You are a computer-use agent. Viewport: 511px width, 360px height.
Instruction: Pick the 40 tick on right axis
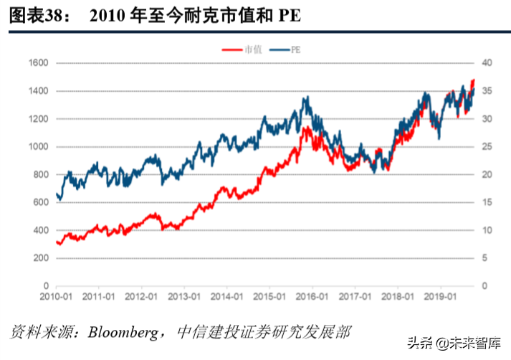pyautogui.click(x=487, y=63)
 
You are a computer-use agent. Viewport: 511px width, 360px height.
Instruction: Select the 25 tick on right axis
pyautogui.click(x=487, y=147)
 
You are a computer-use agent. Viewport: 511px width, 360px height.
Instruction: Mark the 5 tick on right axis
pyautogui.click(x=485, y=258)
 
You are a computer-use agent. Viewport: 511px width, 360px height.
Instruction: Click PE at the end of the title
pyautogui.click(x=288, y=17)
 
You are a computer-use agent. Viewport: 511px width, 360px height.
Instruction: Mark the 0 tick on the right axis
pyautogui.click(x=485, y=286)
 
